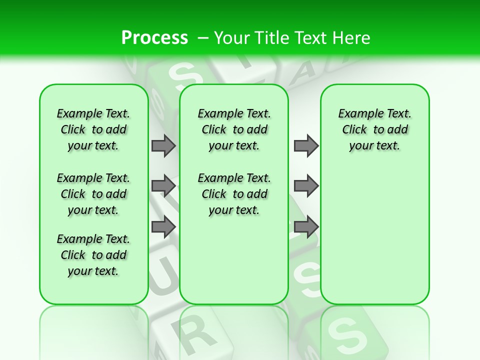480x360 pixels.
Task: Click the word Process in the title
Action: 154,37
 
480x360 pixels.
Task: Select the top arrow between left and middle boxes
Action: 163,145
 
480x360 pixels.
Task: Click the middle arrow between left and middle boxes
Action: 163,186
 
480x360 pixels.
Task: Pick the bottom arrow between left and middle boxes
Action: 163,226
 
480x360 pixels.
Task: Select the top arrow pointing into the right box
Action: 306,145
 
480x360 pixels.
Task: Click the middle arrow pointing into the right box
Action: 306,186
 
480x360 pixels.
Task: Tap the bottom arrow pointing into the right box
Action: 306,226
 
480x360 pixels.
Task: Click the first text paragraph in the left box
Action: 93,129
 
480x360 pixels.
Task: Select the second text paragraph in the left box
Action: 93,194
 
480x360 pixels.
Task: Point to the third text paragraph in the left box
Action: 93,255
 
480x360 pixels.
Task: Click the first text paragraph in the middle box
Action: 234,129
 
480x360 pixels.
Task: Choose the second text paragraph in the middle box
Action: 234,194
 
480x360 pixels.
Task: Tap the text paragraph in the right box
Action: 374,129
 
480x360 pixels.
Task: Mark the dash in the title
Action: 203,38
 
